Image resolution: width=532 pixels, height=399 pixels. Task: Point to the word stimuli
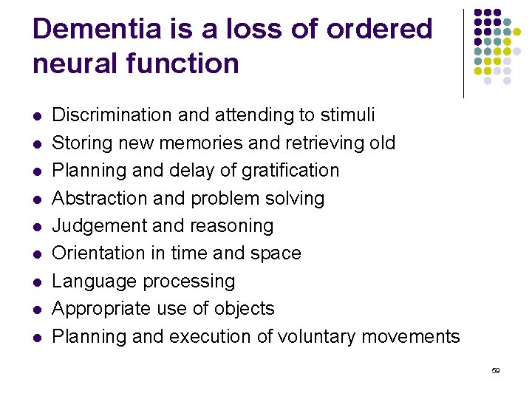(347, 115)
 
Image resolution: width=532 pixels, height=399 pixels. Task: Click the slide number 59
(495, 369)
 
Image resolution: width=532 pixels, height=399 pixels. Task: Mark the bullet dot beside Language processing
(38, 282)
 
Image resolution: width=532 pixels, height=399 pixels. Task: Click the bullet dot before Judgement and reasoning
(38, 227)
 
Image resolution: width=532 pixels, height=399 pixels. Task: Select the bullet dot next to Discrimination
(38, 116)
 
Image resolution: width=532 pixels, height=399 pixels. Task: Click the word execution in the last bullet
(210, 337)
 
